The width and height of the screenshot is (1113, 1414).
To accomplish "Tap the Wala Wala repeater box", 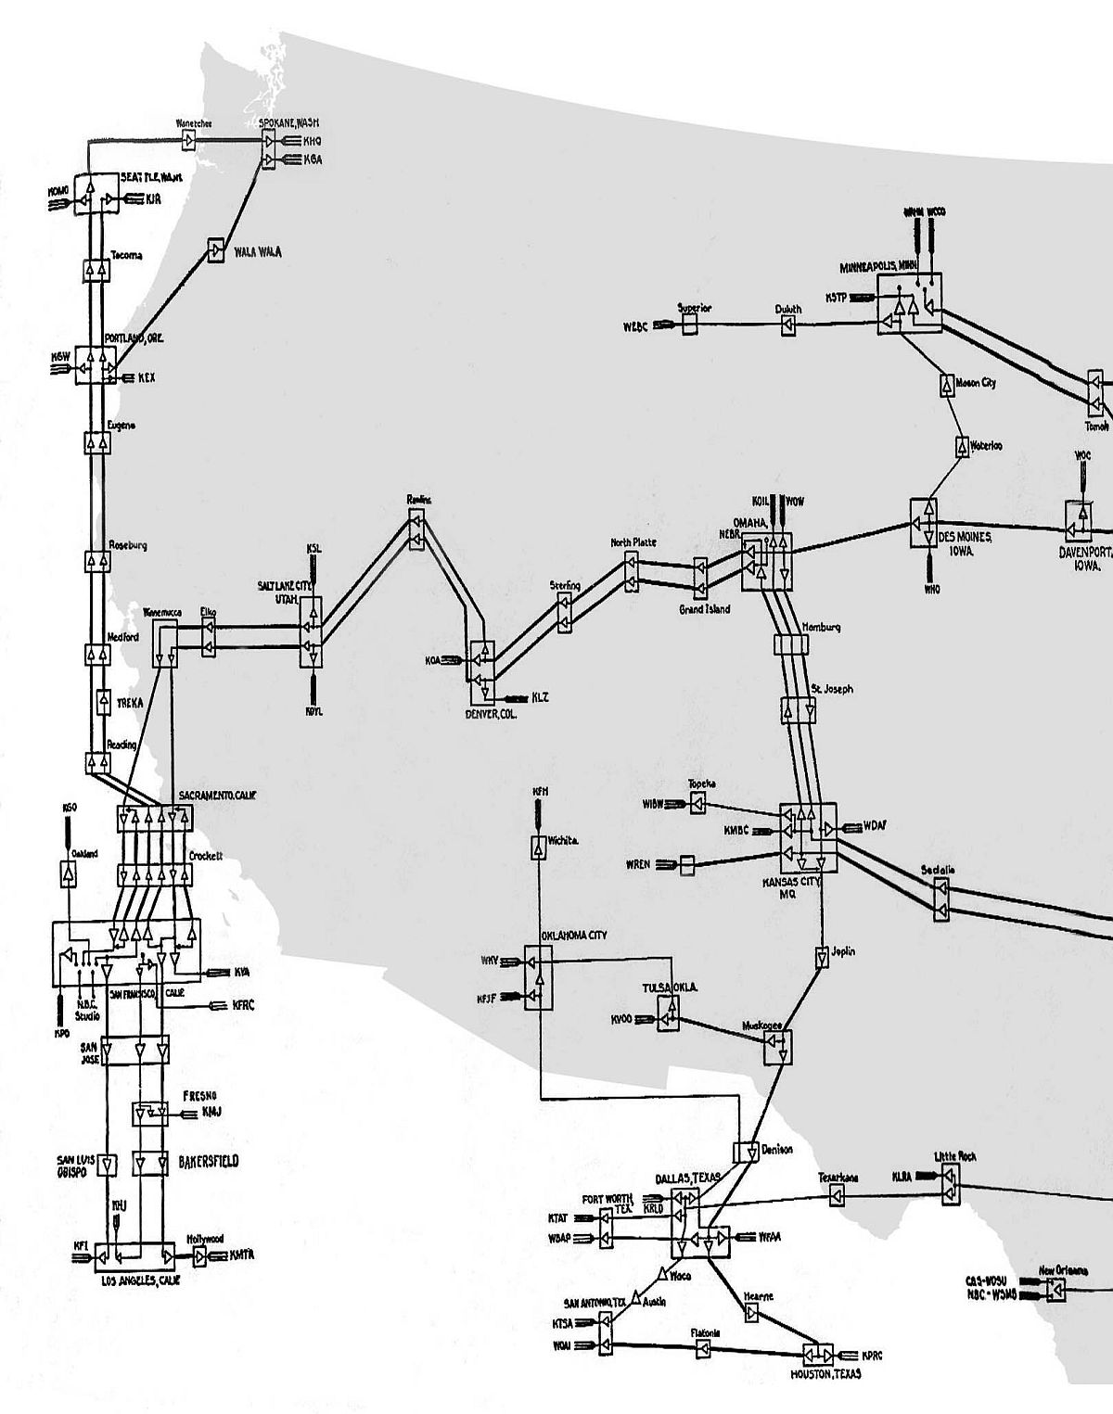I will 216,250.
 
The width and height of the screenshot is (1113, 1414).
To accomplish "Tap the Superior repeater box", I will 689,324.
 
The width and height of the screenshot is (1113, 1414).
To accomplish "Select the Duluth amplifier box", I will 787,325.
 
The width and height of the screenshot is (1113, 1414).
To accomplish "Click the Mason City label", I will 975,382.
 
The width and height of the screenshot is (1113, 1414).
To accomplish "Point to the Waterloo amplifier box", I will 962,446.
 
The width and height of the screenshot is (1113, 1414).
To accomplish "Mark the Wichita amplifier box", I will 538,847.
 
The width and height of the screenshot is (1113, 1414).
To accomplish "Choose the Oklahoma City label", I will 573,936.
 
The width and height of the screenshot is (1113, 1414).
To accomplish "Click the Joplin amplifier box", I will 822,957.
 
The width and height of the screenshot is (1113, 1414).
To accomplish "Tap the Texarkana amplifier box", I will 837,1197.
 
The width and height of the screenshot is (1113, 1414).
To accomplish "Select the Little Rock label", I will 954,1156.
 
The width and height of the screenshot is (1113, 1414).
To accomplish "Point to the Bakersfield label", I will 208,1161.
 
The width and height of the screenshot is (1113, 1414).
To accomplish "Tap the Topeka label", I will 702,784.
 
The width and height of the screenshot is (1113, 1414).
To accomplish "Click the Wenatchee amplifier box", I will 189,140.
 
